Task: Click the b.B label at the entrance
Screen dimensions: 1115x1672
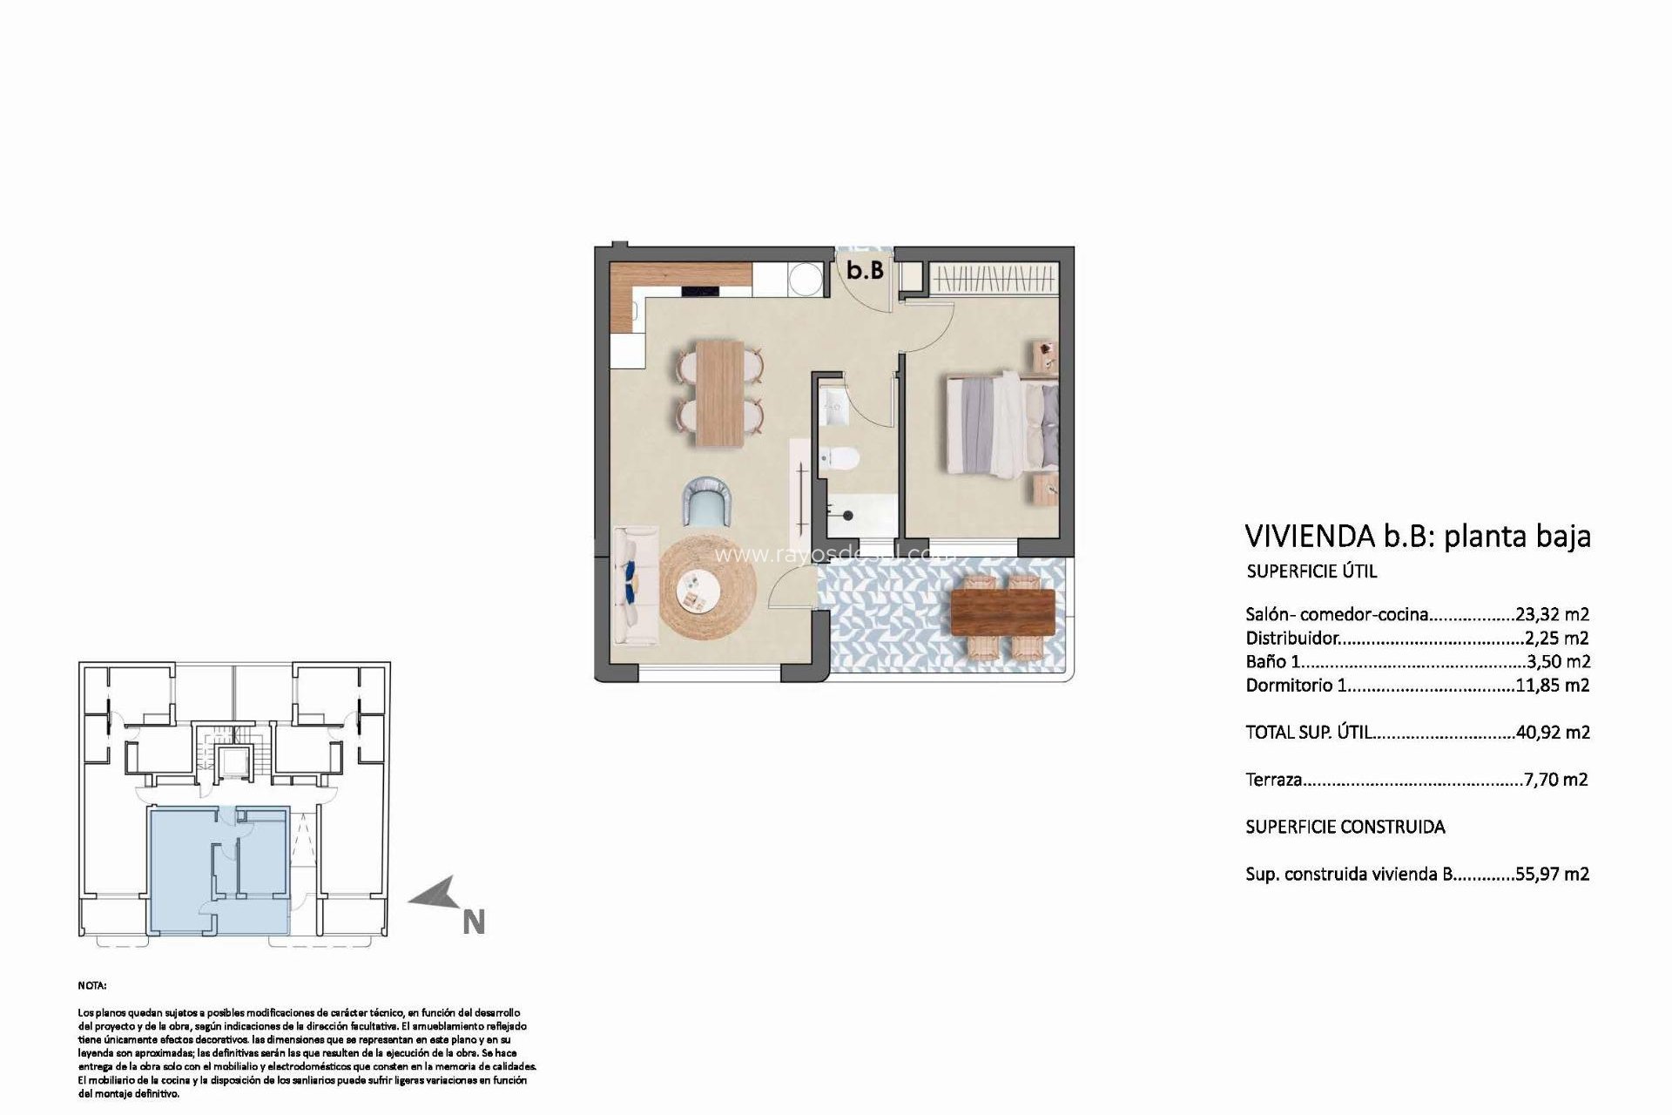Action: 866,270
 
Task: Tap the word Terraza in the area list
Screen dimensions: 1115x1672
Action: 1274,780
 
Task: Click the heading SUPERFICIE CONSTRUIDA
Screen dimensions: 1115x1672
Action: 1345,827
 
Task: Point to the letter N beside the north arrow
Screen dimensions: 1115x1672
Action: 473,922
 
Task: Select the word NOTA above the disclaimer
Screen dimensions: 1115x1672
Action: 91,986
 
